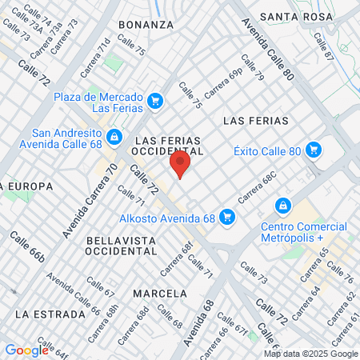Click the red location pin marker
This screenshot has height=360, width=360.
(x=180, y=166)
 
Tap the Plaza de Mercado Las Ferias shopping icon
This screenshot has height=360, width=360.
(x=155, y=102)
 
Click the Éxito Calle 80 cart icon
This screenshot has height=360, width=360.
(x=314, y=150)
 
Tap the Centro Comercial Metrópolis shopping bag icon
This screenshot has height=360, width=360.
(x=282, y=206)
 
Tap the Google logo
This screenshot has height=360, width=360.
(x=26, y=350)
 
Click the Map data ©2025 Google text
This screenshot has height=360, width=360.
(x=311, y=354)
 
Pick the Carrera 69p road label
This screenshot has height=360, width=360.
(x=223, y=83)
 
